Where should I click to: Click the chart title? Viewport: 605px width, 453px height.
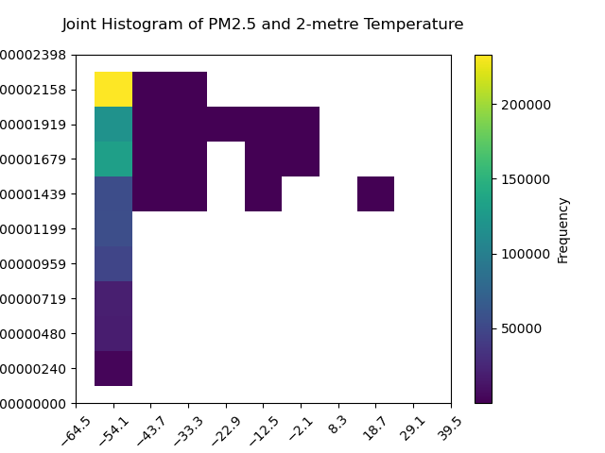263,25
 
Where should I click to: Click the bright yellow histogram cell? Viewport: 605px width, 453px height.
113,90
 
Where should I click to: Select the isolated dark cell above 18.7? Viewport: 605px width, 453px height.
375,193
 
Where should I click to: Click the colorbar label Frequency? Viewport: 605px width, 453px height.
563,229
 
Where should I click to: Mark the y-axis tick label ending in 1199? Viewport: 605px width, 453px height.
33,229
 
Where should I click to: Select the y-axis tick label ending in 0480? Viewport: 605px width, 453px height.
33,334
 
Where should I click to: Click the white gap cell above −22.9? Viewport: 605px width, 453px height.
226,159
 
